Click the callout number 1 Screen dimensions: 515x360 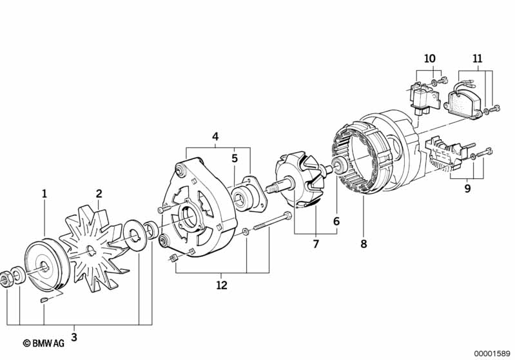coord(44,194)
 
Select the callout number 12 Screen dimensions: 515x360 coord(222,285)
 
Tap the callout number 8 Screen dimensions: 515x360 coord(364,244)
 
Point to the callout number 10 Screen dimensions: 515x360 coord(430,59)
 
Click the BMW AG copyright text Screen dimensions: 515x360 coord(43,343)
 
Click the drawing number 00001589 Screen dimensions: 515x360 coord(492,354)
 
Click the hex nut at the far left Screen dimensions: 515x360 coord(6,279)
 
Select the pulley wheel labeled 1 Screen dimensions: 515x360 coord(47,265)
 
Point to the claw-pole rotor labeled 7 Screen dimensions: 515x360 coord(299,180)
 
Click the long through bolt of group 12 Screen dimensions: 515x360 coord(273,222)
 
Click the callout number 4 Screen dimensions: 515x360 coord(215,137)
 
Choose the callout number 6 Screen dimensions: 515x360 coord(336,222)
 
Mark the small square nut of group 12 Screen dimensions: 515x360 coord(173,258)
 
